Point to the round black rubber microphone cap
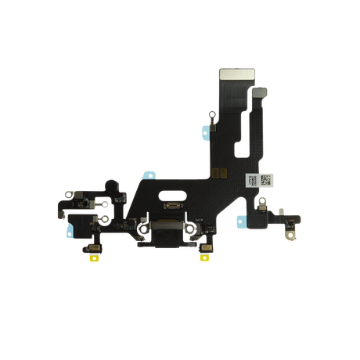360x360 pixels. [x=114, y=189]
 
